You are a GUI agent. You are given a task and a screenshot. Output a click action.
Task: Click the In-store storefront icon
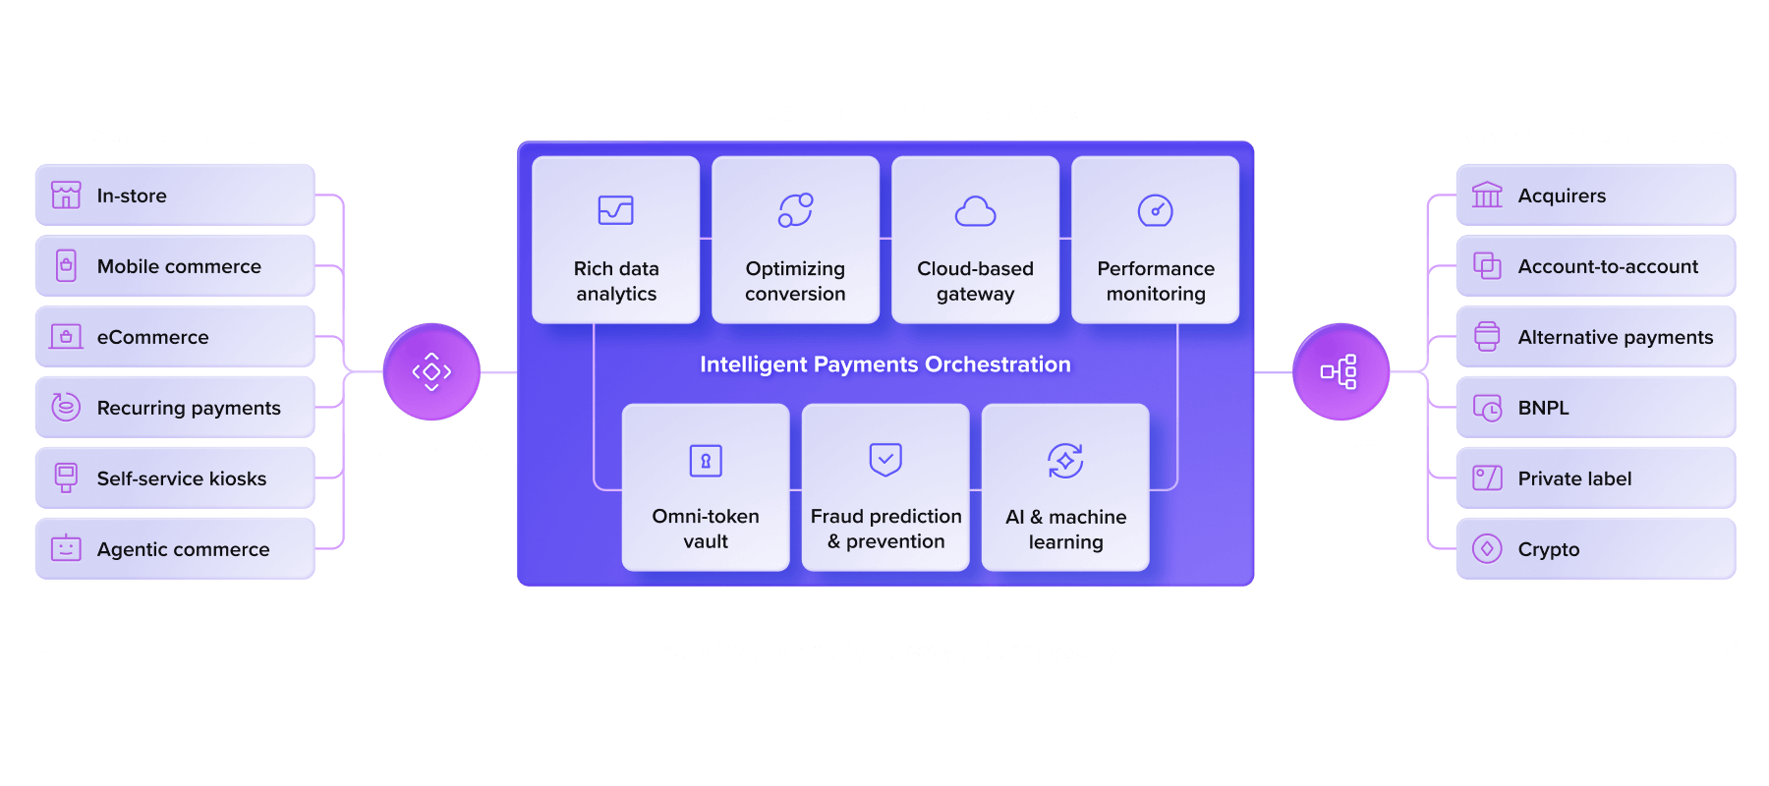coord(66,195)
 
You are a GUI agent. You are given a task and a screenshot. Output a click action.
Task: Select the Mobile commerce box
coord(175,265)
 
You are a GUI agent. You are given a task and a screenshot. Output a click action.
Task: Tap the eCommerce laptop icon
coord(66,337)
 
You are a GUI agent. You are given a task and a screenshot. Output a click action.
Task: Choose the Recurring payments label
coord(189,408)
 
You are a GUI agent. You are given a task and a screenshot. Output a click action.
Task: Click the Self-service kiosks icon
coord(66,477)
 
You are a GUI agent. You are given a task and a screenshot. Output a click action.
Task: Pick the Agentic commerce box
coord(175,548)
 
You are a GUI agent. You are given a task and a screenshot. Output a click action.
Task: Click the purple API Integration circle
coord(431,371)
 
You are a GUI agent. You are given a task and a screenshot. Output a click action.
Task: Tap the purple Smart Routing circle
coord(1341,371)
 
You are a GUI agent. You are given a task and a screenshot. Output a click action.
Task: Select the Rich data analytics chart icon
coord(616,210)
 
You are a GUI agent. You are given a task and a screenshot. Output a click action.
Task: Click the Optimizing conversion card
coord(795,240)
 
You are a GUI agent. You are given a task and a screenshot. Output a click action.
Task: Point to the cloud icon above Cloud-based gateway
coord(975,211)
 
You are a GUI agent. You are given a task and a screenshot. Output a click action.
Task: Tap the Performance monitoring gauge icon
coord(1155,210)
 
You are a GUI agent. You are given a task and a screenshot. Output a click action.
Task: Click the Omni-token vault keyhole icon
coord(706,460)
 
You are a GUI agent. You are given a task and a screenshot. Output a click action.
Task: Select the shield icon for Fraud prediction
coord(885,459)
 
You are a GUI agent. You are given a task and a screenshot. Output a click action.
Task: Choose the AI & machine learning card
coord(1065,487)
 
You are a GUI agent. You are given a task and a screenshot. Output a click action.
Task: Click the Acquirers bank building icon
coord(1487,195)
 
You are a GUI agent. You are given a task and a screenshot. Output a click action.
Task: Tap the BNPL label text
coord(1543,408)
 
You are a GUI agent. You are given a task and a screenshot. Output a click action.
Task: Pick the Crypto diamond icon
coord(1487,548)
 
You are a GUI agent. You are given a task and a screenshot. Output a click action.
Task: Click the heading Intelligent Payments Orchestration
coord(885,365)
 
